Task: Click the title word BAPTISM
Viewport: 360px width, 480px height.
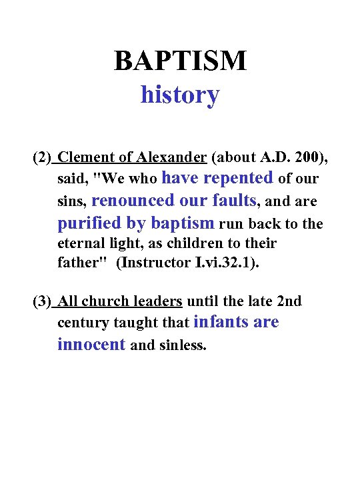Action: click(x=180, y=61)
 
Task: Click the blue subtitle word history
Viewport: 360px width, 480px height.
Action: click(x=179, y=95)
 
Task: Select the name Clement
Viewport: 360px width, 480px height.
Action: click(x=86, y=158)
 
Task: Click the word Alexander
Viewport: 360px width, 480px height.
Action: click(x=171, y=158)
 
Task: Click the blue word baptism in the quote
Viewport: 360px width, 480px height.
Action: click(x=183, y=223)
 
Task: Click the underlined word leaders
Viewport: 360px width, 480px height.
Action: click(x=158, y=302)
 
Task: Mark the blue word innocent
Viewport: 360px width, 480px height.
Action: click(x=91, y=345)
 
